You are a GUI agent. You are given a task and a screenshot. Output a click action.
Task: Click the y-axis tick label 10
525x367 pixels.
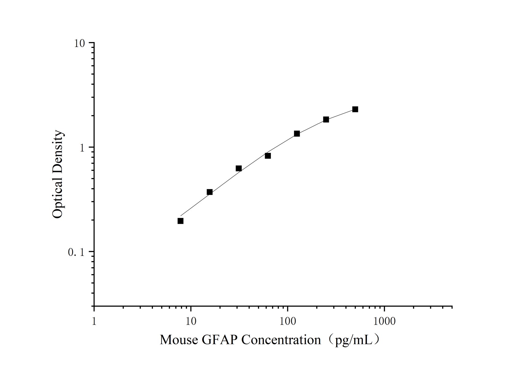79,43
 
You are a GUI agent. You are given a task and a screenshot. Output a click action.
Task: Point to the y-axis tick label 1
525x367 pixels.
82,148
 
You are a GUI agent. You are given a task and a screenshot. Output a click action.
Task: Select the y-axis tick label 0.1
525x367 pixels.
76,252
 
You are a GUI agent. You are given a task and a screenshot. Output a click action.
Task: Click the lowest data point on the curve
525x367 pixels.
181,221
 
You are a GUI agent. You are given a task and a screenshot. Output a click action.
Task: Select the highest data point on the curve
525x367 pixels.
355,109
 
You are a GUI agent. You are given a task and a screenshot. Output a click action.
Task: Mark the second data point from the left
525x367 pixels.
210,192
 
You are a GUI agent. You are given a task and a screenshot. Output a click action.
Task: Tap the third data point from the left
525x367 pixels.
239,168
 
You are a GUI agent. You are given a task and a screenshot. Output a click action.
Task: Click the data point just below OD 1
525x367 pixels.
268,156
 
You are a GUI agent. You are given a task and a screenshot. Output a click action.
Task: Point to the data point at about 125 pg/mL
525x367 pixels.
297,134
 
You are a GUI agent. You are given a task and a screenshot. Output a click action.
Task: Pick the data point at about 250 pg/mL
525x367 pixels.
326,119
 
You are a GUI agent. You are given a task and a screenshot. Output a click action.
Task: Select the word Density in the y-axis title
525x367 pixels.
57,150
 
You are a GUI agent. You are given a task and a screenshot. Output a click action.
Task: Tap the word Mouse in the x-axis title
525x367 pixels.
179,340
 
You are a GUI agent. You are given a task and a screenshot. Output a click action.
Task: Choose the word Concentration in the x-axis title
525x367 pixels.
281,340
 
